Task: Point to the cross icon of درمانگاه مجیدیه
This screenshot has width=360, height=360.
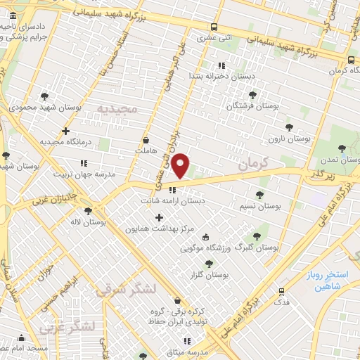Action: point(65,131)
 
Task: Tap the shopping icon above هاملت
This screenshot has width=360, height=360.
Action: point(146,139)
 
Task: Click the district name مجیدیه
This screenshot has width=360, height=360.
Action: point(117,110)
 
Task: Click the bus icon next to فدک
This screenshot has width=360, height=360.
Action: point(282,290)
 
